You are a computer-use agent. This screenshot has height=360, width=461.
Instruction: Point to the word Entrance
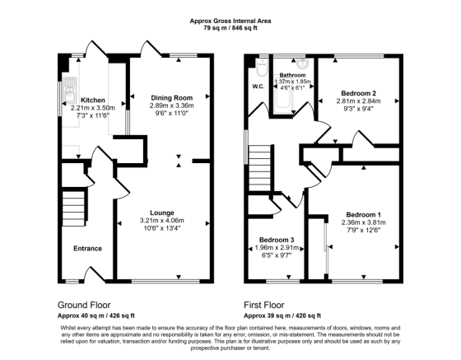coord(88,248)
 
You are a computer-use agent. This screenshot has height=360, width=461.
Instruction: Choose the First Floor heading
coord(268,303)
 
